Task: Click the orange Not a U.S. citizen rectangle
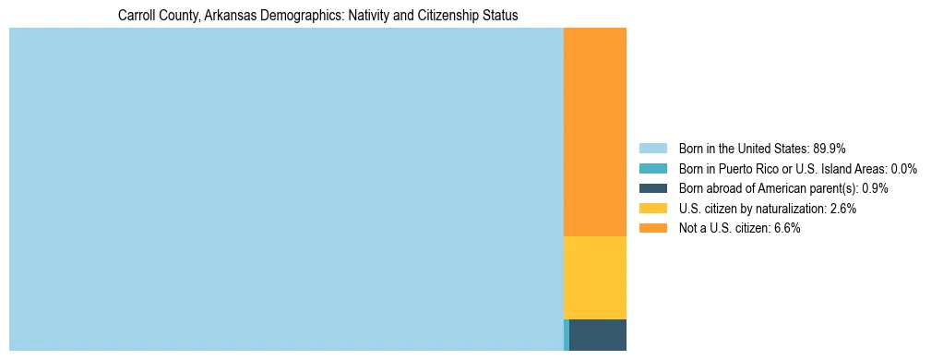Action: point(594,132)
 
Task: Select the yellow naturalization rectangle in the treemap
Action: point(594,278)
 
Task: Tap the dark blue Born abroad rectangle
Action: point(598,335)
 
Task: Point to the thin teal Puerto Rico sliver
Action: point(566,335)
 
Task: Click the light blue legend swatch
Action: point(652,149)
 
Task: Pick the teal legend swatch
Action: point(652,169)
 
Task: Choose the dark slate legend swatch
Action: point(652,188)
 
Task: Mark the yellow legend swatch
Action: point(652,209)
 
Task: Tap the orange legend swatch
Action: point(652,229)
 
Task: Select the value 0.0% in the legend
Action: point(904,169)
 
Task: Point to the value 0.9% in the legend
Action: point(876,188)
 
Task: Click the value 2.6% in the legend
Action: point(842,209)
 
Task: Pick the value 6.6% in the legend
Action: point(786,229)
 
